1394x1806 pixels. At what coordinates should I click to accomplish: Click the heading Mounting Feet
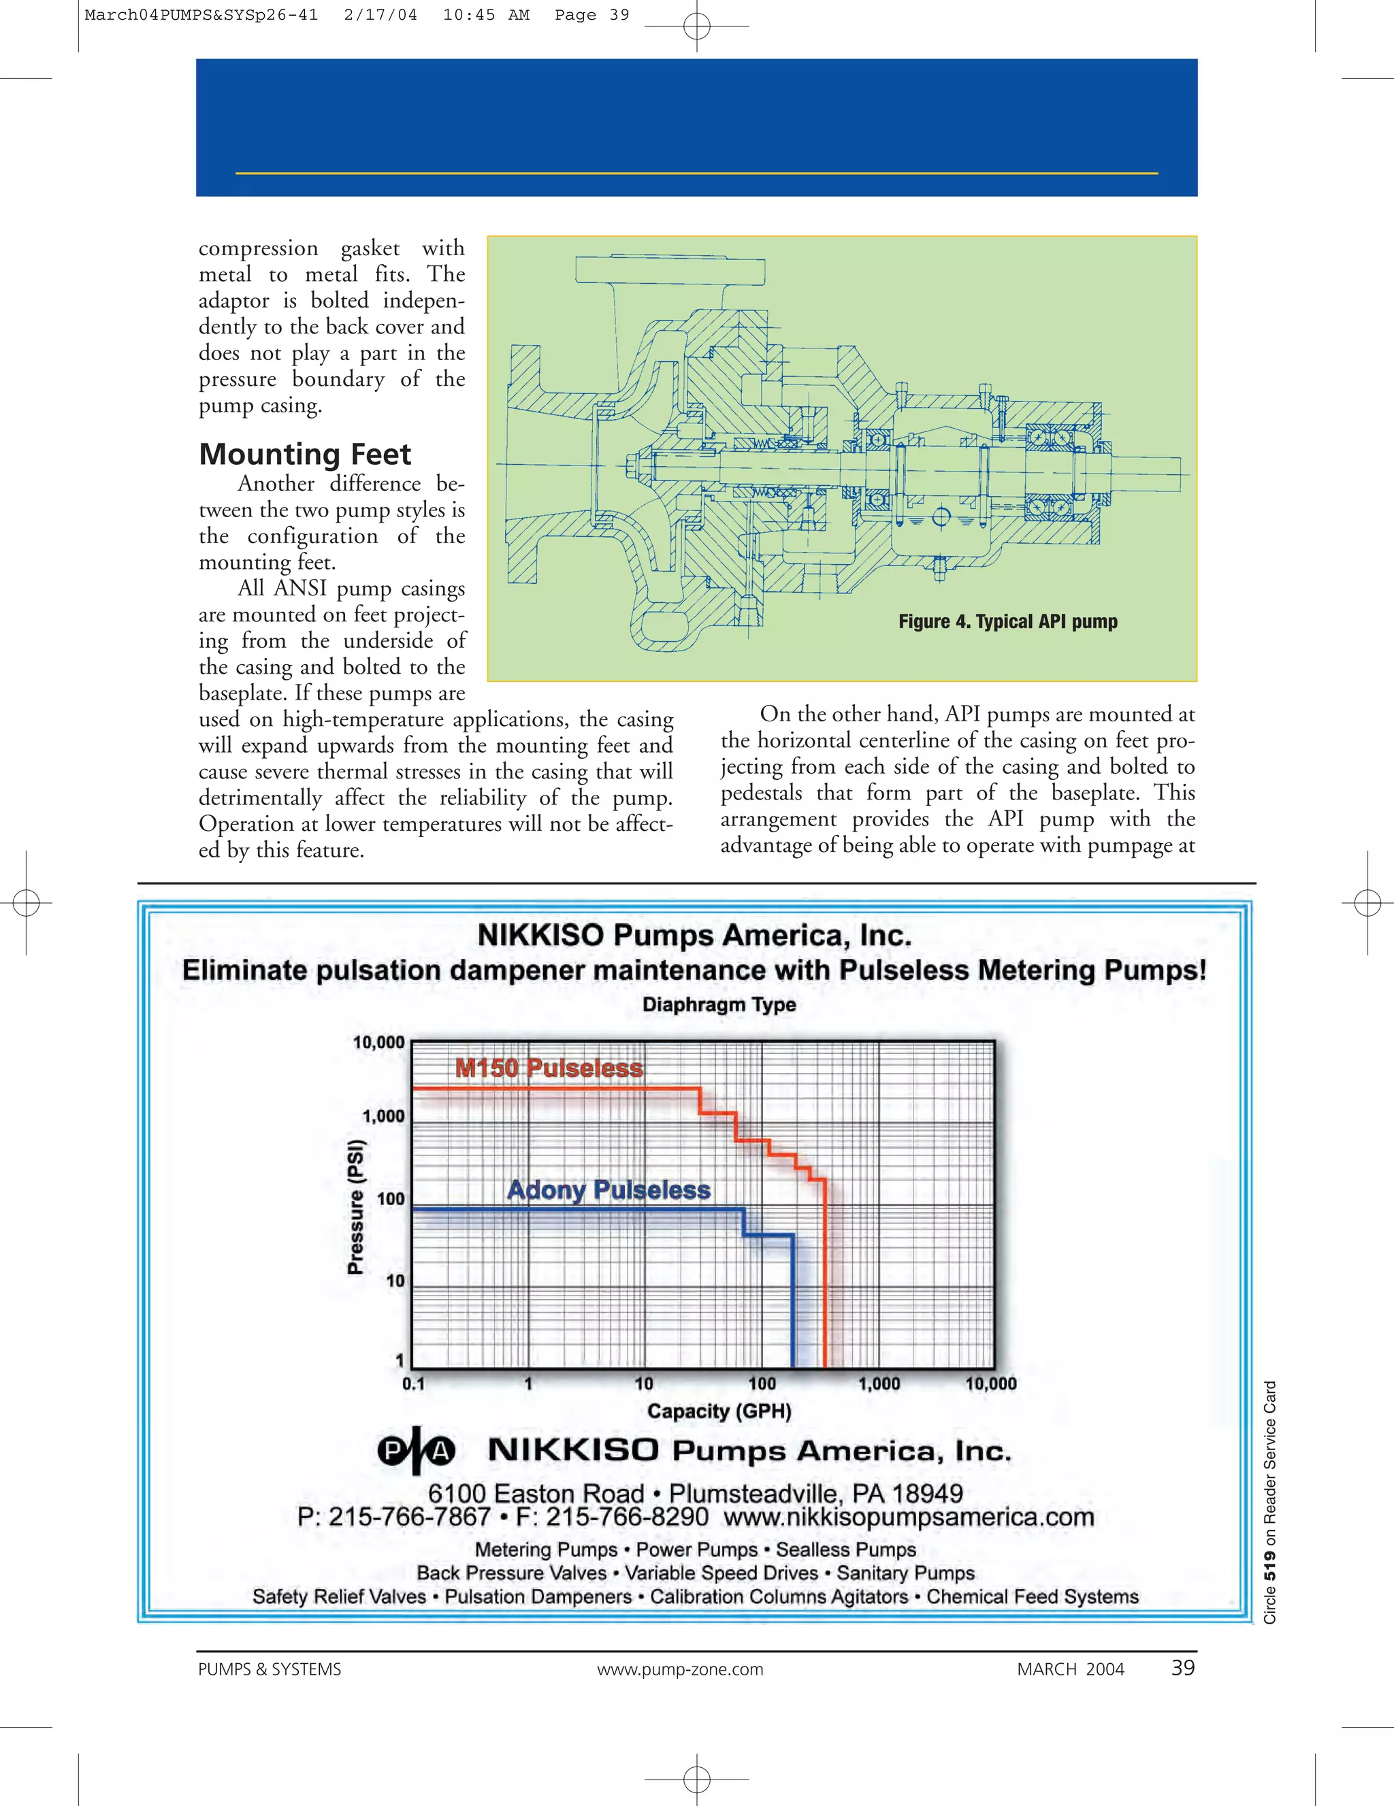[304, 454]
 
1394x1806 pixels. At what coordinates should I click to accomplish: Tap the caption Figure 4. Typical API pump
[1007, 621]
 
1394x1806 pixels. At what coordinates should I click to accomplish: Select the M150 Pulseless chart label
[549, 1068]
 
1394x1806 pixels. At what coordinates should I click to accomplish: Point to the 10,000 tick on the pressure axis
[379, 1042]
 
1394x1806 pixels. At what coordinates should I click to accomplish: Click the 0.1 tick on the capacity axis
[412, 1383]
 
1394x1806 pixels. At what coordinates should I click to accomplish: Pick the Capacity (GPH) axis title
[719, 1411]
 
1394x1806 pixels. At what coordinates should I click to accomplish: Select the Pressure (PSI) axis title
[356, 1208]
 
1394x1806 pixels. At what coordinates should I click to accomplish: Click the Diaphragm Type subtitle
[719, 1004]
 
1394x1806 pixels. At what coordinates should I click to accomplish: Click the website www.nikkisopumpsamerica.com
[909, 1517]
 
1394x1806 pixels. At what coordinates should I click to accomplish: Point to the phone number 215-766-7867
[410, 1517]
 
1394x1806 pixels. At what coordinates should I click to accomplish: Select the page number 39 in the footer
[1183, 1668]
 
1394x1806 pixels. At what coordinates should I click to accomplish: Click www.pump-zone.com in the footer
[680, 1669]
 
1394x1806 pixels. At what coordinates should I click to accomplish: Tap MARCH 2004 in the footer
[1071, 1669]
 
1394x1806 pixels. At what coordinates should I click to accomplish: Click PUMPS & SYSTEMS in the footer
[270, 1669]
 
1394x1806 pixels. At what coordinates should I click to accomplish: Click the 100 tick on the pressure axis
[391, 1198]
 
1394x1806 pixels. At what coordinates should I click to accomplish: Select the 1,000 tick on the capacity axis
[879, 1383]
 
